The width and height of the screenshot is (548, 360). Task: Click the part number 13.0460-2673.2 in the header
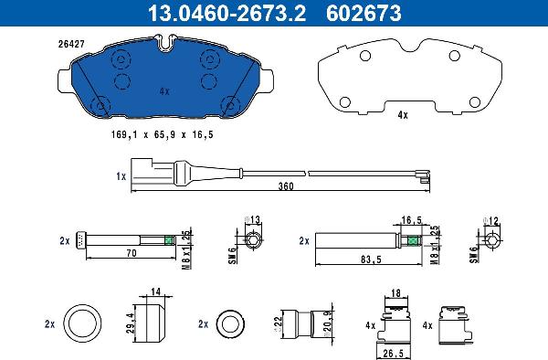(227, 13)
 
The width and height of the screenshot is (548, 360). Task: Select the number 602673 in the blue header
(364, 13)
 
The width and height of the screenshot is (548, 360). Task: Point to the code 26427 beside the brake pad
(71, 45)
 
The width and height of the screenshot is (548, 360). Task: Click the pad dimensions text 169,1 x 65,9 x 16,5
(163, 134)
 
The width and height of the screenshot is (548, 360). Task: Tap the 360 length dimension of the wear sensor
(286, 186)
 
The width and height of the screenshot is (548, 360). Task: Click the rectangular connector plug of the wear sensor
(142, 171)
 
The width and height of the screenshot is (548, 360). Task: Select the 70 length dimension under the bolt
(132, 252)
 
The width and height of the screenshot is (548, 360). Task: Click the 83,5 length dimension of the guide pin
(371, 259)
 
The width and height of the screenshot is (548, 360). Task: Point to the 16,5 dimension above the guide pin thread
(411, 220)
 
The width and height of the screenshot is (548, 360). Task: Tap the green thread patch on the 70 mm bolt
(169, 240)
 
